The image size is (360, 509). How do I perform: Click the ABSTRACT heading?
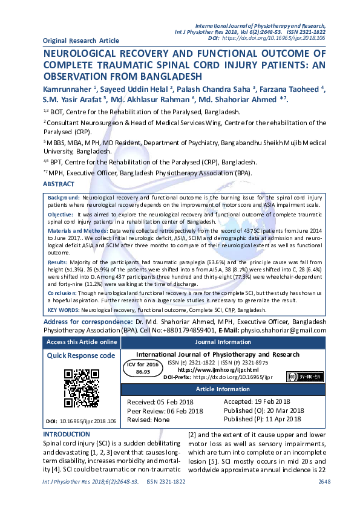(59, 183)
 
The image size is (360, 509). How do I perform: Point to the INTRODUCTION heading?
(67, 434)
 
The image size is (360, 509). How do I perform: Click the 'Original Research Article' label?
(81, 41)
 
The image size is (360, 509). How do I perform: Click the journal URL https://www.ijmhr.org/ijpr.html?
(218, 369)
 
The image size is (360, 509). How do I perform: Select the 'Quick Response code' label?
(81, 355)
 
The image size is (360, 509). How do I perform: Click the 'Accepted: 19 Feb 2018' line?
(257, 401)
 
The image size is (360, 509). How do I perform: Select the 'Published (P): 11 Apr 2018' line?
(263, 418)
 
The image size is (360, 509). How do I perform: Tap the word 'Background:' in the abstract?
(64, 198)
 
